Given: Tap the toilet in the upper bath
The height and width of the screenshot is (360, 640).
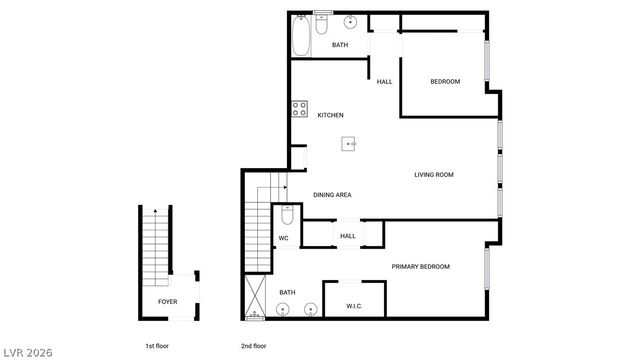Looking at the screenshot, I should pos(322,23).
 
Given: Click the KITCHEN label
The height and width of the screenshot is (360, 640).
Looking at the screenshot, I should pos(331,116).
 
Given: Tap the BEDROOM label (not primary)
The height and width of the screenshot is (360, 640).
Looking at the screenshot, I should pos(445,81).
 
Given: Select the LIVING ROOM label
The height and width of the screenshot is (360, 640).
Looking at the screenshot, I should pos(434,175).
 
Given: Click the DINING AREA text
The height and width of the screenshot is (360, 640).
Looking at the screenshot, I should pos(332,195).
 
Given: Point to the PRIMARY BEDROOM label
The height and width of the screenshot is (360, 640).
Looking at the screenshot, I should pos(420,266).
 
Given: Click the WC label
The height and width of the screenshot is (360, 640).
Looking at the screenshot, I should pos(283,238).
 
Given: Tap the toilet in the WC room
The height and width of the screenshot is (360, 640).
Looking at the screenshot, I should pos(286,215).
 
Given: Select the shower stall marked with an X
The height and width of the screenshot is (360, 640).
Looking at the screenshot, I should pos(255,297).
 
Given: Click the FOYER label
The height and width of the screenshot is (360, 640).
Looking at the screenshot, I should pos(168,301).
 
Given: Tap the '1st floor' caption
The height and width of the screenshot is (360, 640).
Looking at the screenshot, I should pos(157,346).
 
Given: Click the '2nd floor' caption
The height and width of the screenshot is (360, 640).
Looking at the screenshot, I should pos(254,346).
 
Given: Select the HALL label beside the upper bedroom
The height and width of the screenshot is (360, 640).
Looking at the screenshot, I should pos(384,81).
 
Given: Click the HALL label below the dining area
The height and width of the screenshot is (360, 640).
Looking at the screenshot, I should pos(348,236).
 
